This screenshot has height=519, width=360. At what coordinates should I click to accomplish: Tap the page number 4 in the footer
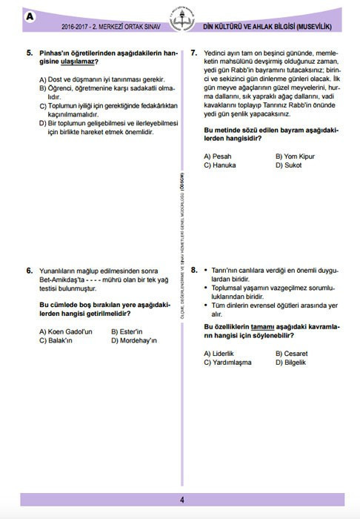coord(181,500)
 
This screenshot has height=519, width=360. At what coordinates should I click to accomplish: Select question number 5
coord(29,53)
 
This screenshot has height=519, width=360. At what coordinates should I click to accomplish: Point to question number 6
coord(29,271)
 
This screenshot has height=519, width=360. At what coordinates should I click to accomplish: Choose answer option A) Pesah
coord(218,156)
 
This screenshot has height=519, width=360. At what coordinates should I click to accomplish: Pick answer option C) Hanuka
coord(220,165)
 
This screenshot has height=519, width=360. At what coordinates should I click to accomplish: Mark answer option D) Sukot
coord(290,165)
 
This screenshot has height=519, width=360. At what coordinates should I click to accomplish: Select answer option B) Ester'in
coord(126,331)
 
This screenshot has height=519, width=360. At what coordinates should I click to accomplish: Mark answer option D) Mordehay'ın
coord(133,340)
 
